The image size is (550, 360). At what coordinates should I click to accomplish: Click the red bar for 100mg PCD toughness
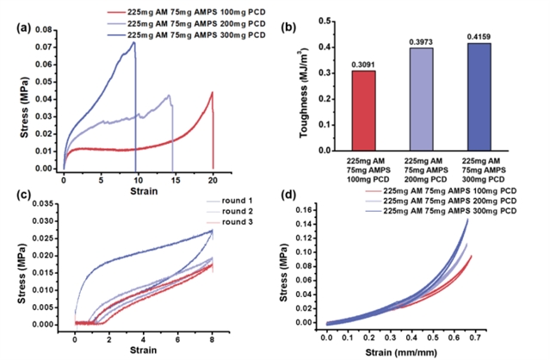pos(364,111)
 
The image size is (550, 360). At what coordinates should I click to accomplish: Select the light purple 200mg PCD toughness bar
pos(421,99)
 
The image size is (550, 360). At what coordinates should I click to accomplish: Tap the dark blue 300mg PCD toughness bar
pos(479,96)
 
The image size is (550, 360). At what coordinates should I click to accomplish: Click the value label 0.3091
pos(363,65)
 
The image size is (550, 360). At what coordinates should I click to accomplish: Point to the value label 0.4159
pos(479,37)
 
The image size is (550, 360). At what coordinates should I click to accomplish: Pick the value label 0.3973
pos(421,42)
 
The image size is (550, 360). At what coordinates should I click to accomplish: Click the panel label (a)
pos(24,28)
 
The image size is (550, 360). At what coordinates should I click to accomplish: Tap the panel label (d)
pos(288,195)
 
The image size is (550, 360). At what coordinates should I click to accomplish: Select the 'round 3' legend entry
pos(230,222)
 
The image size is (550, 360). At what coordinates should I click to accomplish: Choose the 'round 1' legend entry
pos(230,201)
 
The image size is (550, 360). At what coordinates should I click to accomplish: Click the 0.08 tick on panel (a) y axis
pos(43,30)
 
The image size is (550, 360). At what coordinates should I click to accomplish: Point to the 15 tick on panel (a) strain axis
pos(176,180)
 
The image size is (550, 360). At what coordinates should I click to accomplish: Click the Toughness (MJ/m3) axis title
pos(304,93)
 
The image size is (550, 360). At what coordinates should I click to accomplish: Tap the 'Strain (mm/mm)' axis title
pos(401,352)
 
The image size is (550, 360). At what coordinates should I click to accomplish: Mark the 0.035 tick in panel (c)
pos(44,203)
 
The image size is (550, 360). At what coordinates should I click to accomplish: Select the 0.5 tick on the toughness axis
pos(324,21)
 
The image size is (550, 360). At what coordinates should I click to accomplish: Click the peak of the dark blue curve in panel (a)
pos(133,42)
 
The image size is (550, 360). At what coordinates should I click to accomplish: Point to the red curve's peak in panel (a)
pos(213,92)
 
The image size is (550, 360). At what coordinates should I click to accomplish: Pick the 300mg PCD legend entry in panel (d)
pos(441,211)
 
